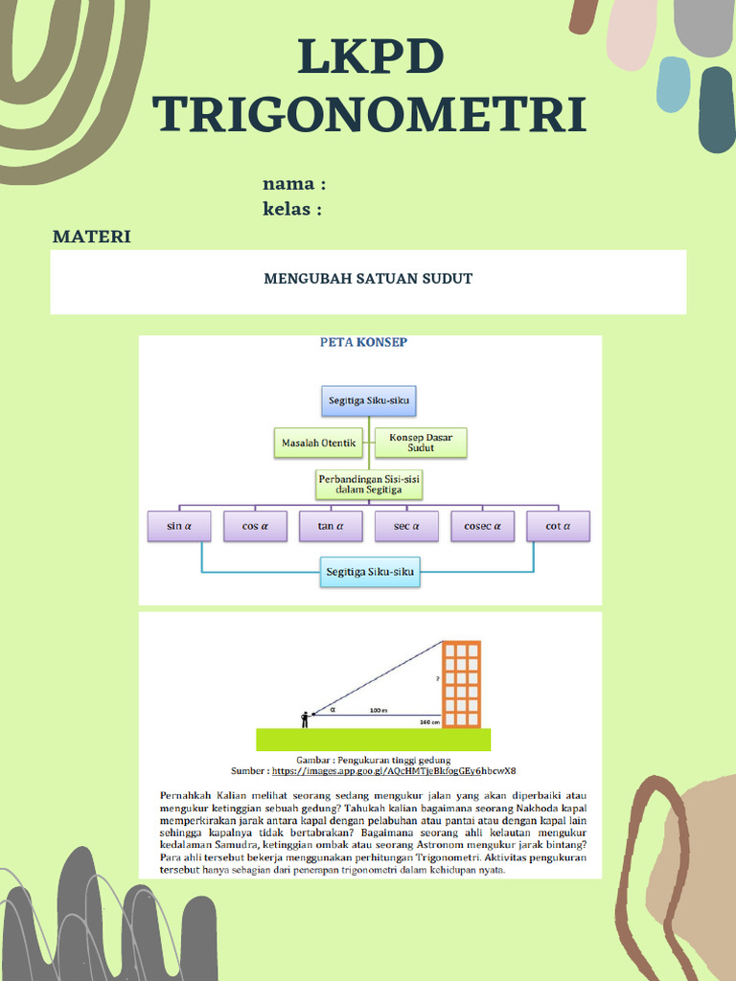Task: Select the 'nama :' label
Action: tap(294, 184)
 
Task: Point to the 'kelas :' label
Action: tap(292, 209)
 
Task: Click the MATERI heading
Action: tap(92, 237)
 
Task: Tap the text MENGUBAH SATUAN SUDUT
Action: tap(368, 279)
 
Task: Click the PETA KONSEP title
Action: tap(362, 343)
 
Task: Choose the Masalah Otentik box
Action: tap(318, 443)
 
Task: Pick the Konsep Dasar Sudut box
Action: tap(421, 443)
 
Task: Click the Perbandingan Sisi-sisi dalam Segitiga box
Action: tap(369, 483)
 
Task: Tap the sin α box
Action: tap(179, 526)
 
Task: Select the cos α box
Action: tap(255, 526)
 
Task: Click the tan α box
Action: tap(331, 526)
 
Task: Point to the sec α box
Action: tap(406, 526)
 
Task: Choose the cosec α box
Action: tap(483, 526)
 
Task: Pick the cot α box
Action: tap(558, 526)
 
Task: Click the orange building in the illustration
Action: tap(461, 684)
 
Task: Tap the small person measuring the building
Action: tap(305, 719)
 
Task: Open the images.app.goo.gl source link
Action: tap(394, 770)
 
